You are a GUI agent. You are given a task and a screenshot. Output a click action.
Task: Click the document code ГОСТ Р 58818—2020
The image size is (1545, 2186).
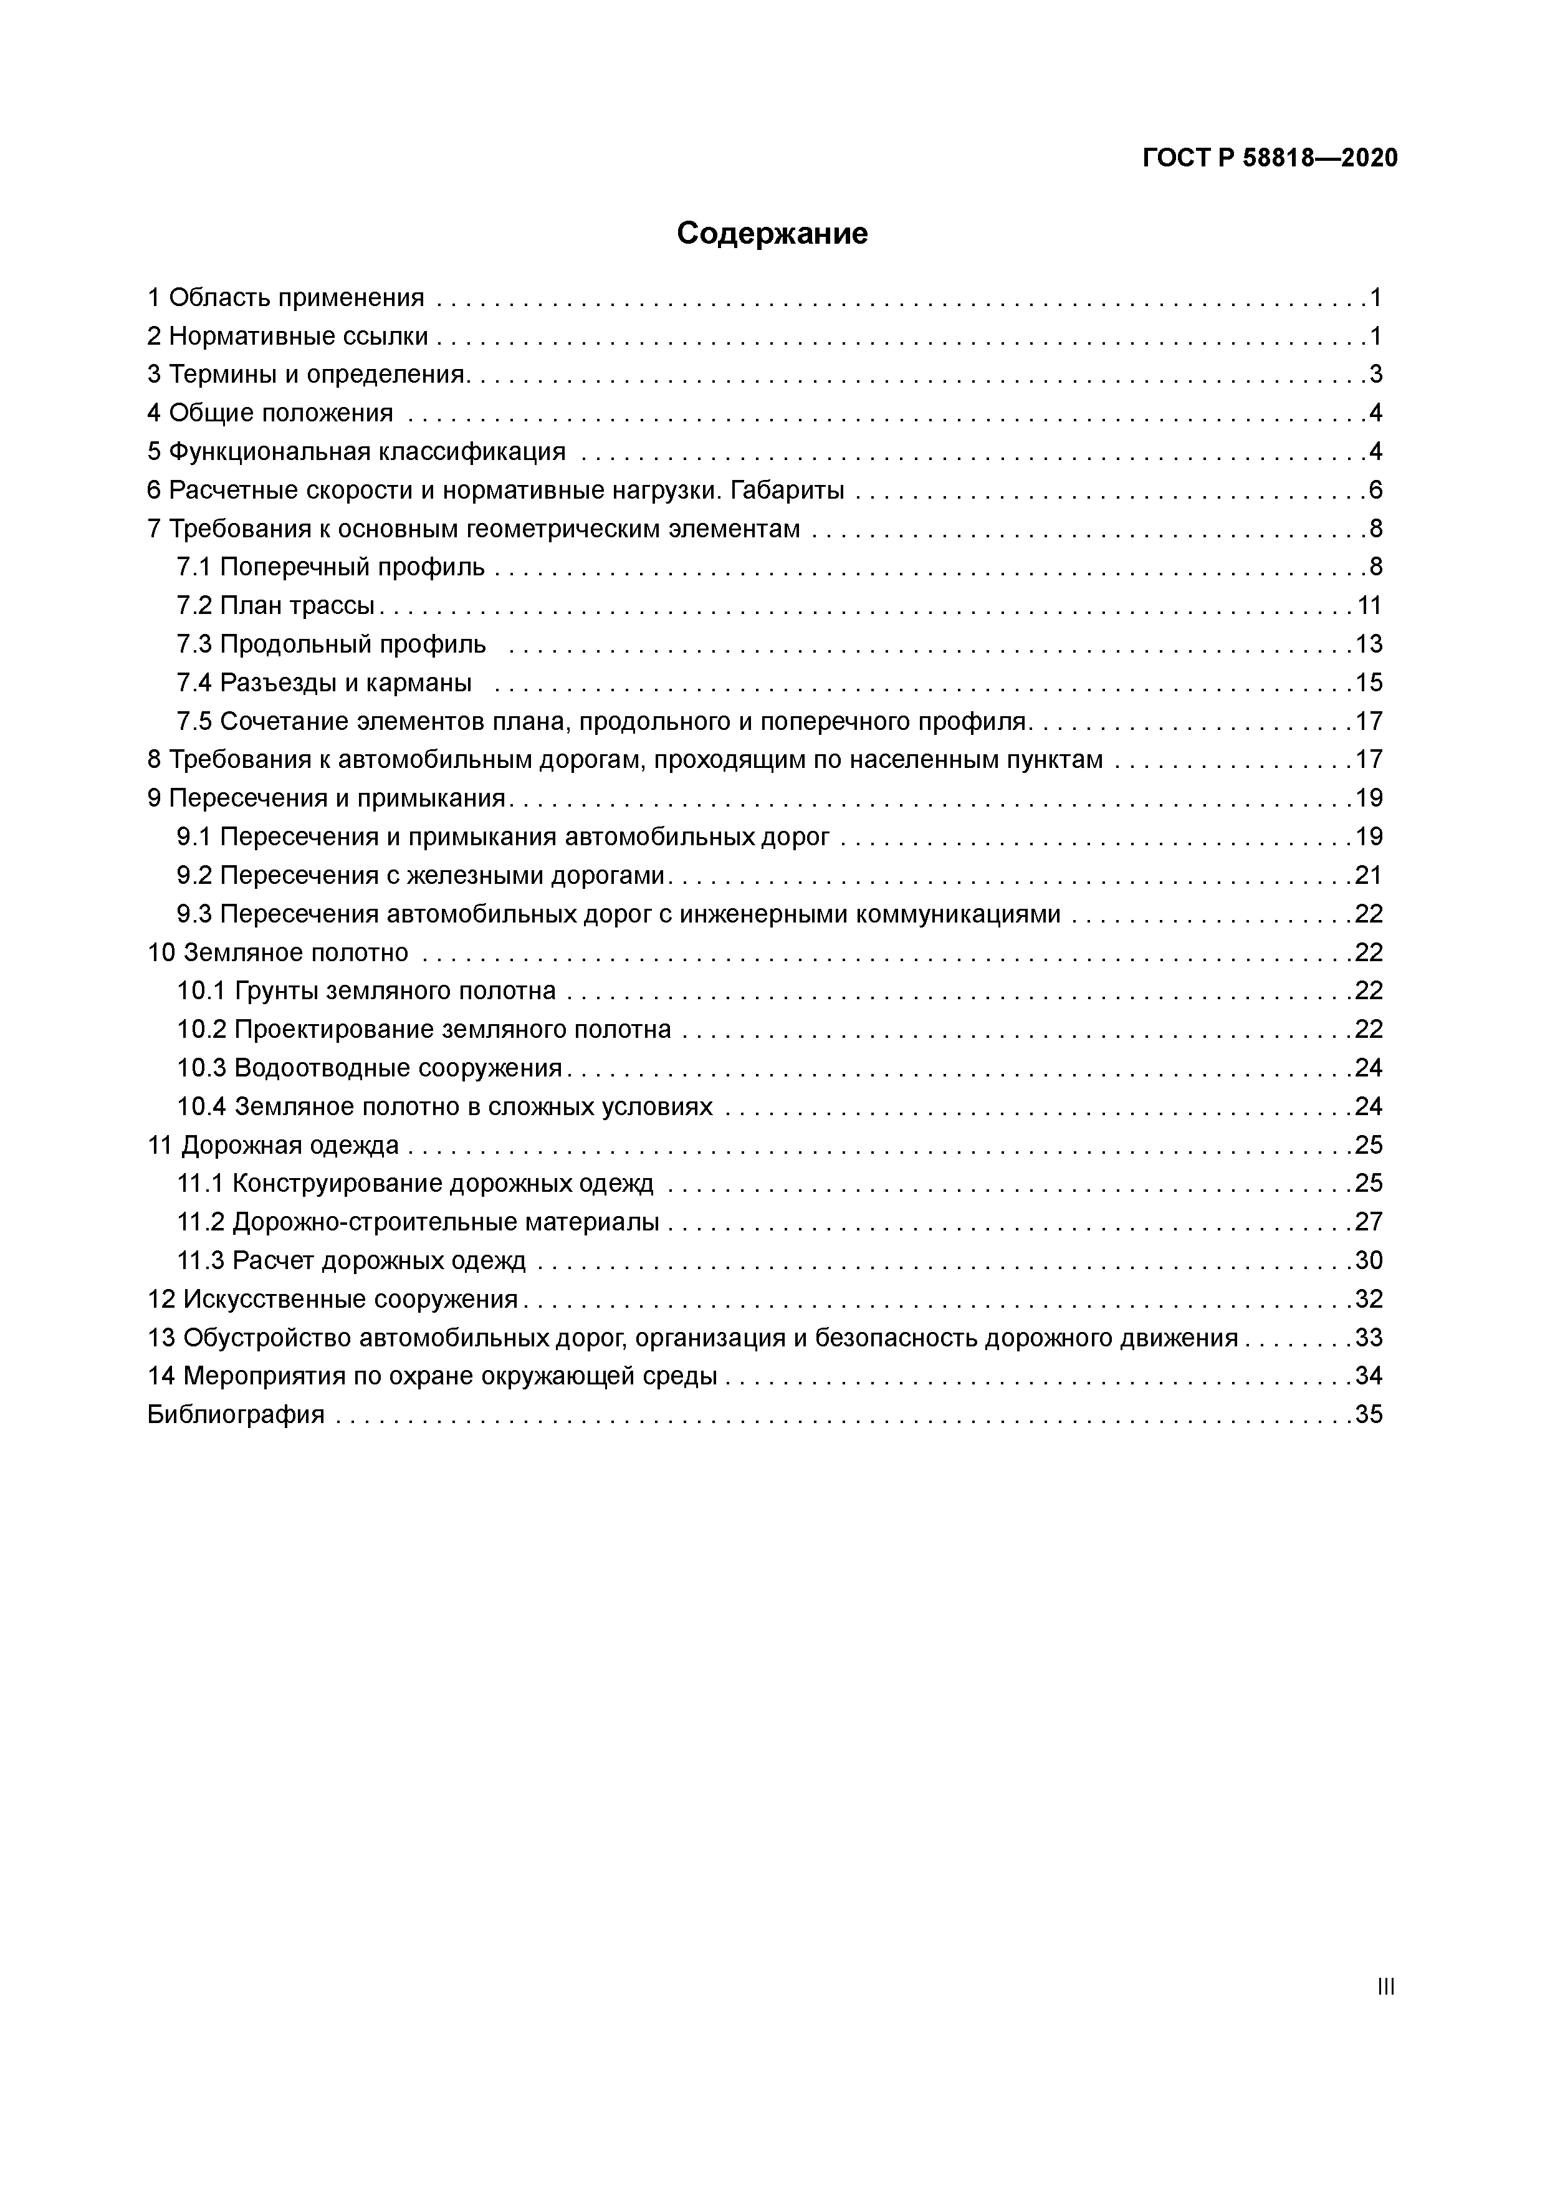coord(1270,158)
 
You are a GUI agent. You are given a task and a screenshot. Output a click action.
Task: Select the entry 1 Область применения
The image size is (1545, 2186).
coord(285,298)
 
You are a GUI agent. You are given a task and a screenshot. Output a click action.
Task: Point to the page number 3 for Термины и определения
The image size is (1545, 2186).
coord(1375,374)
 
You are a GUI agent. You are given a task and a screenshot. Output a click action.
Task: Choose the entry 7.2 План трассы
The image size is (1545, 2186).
coord(276,605)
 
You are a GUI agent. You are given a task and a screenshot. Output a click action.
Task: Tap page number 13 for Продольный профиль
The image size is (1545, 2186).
coord(1369,645)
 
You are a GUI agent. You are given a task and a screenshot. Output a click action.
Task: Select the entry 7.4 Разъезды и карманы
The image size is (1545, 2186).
coord(323,683)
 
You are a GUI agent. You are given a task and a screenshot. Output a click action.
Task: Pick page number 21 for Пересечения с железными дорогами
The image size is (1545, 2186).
coord(1369,875)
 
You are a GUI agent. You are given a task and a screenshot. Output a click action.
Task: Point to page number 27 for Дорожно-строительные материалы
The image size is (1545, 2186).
coord(1369,1222)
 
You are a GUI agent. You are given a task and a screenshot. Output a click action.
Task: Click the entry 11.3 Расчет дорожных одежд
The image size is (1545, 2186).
coord(352,1260)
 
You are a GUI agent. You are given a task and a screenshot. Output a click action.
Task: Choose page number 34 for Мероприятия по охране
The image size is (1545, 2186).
coord(1369,1376)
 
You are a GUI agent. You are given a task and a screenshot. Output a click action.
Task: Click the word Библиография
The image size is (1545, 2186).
coord(236,1415)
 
